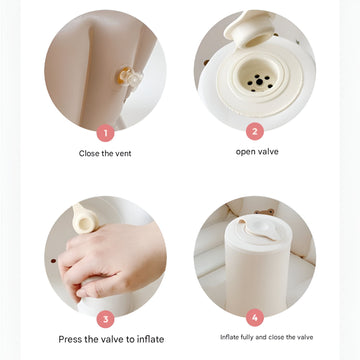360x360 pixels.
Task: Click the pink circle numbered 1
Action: pyautogui.click(x=106, y=133)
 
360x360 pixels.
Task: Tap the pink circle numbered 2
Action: pyautogui.click(x=255, y=131)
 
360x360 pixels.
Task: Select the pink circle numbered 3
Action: pyautogui.click(x=106, y=319)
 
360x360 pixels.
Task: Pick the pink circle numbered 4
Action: pyautogui.click(x=255, y=318)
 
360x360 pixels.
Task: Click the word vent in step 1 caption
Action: pyautogui.click(x=123, y=154)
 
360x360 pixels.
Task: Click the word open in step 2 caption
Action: pyautogui.click(x=245, y=152)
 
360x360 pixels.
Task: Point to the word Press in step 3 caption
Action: pyautogui.click(x=70, y=339)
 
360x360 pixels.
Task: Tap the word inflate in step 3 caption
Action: pyautogui.click(x=150, y=339)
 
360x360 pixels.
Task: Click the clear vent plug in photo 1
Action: pyautogui.click(x=131, y=78)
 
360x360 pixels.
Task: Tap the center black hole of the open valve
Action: pyautogui.click(x=259, y=82)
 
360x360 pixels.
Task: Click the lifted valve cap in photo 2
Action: pyautogui.click(x=250, y=28)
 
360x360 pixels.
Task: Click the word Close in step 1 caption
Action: pyautogui.click(x=88, y=154)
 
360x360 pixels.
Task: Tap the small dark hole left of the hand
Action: pyautogui.click(x=53, y=261)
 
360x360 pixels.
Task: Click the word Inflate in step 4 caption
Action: pyautogui.click(x=231, y=337)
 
